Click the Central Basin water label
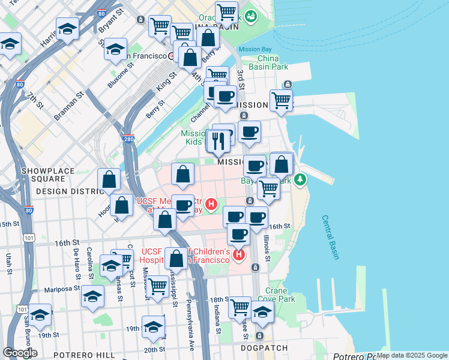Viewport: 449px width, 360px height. point(330,238)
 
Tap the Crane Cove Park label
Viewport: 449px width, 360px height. point(280,295)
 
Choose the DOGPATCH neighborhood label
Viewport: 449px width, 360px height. point(261,347)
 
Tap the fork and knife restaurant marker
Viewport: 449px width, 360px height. point(218,141)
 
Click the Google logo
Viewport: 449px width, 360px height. point(20,352)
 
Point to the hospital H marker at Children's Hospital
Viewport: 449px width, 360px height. point(239,255)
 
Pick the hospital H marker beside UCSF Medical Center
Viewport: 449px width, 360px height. point(211,205)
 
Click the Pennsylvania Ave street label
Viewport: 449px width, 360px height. point(190,325)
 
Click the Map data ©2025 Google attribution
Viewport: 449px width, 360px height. point(412,355)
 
